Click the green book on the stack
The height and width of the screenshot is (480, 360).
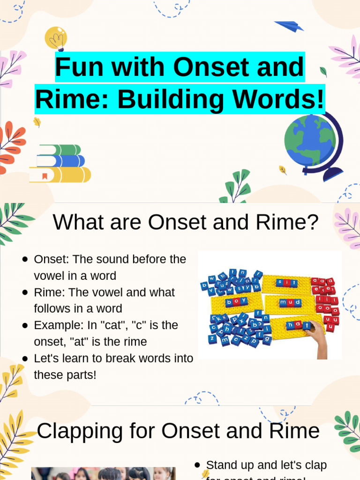[60, 150]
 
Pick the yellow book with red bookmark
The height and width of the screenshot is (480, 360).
[60, 175]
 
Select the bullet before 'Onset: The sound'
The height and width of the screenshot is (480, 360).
[25, 259]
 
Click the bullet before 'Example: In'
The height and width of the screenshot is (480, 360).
[25, 325]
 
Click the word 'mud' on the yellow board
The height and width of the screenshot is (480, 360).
[290, 302]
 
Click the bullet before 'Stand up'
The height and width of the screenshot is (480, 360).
[197, 465]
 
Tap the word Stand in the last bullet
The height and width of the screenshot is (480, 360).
[222, 465]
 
